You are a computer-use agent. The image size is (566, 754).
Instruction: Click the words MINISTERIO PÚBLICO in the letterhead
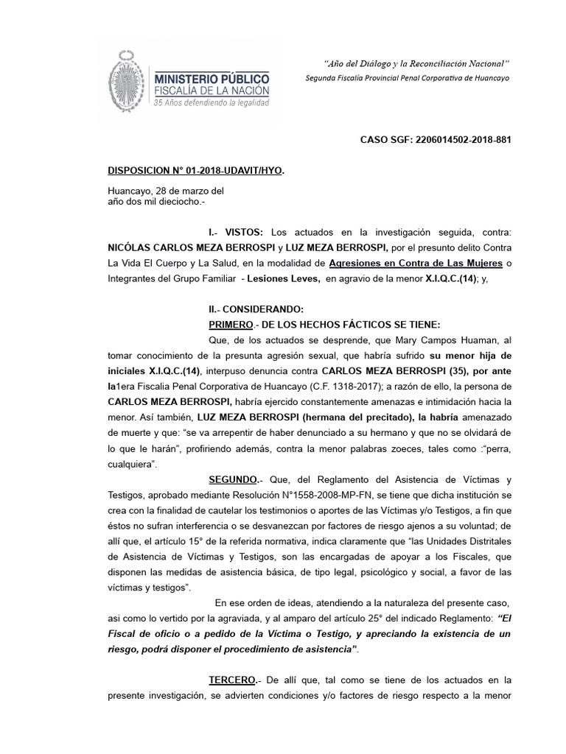coord(212,77)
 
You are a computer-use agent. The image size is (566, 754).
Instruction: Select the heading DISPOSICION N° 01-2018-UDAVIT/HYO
coord(195,171)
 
